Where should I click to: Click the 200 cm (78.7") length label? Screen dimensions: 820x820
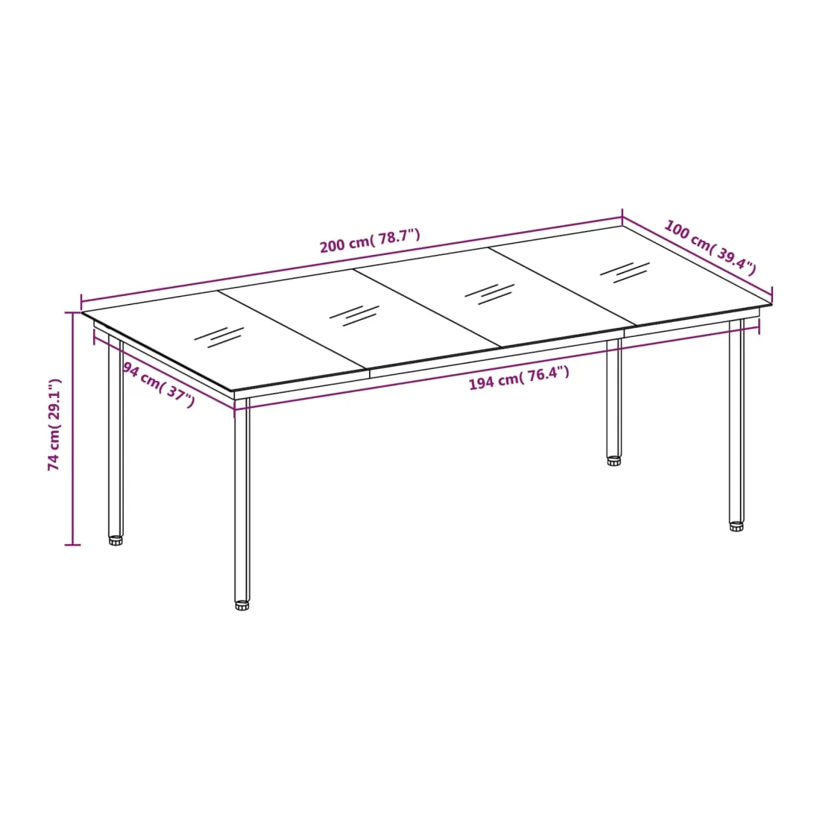point(370,241)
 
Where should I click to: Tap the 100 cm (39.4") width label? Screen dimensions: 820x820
point(710,247)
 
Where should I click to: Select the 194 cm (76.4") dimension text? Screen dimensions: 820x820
point(519,378)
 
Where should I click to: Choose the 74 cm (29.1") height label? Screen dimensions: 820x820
point(54,425)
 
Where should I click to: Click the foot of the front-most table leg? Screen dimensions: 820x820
point(242,605)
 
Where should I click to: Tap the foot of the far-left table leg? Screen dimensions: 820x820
point(116,540)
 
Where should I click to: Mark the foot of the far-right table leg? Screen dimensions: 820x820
point(737,526)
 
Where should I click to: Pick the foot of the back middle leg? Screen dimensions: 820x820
point(614,461)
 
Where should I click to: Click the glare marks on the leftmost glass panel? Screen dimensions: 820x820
point(219,337)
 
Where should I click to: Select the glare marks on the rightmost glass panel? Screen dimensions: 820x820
point(625,272)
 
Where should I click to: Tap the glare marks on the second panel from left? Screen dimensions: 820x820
point(354,316)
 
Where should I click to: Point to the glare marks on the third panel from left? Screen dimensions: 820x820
point(490,294)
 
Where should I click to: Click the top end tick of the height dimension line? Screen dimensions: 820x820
point(73,313)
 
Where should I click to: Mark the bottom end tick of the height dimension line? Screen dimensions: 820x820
point(73,545)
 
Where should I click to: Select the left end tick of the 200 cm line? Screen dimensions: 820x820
point(81,302)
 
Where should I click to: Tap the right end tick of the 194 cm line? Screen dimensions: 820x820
point(760,327)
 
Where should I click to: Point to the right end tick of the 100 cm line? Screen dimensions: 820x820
point(772,295)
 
